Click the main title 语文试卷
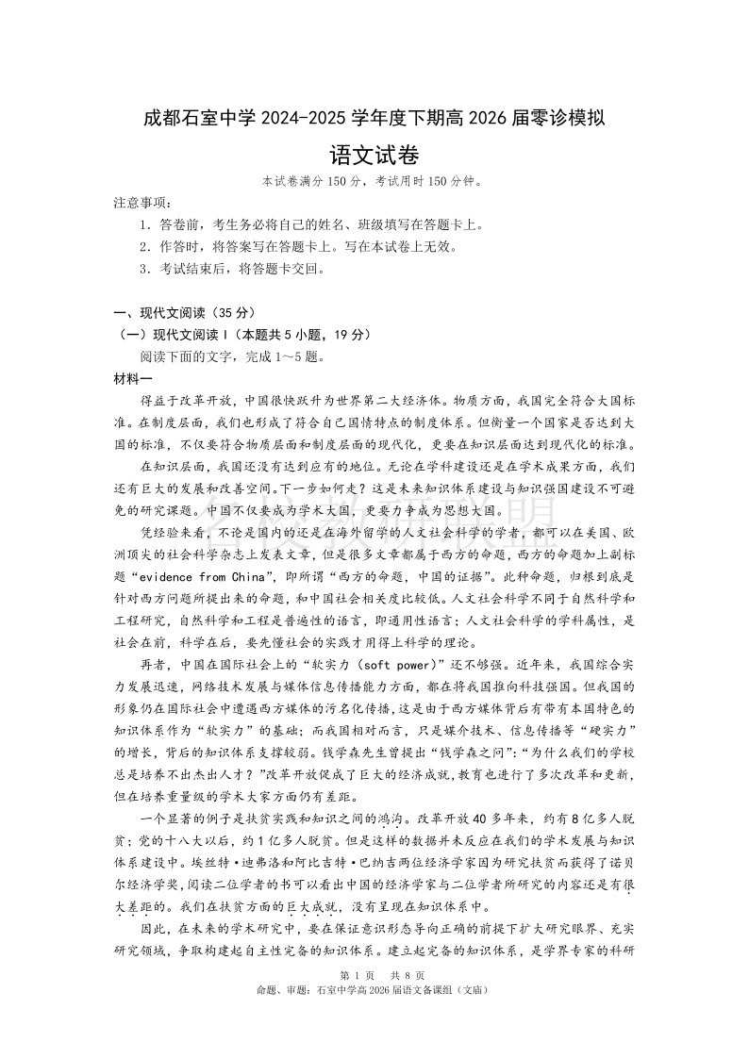(x=374, y=155)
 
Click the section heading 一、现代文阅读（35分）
(x=183, y=313)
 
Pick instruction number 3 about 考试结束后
(x=229, y=269)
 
